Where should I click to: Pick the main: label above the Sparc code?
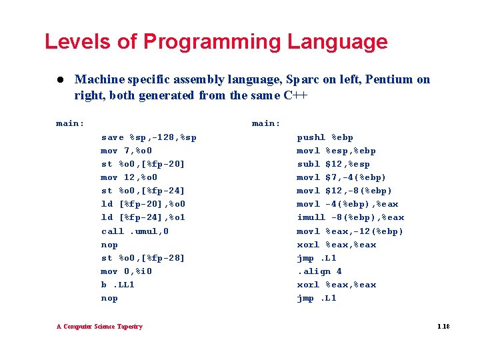(x=70, y=123)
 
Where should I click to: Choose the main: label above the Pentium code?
(x=266, y=123)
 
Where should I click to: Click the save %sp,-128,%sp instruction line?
(x=149, y=137)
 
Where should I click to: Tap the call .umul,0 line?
(x=135, y=231)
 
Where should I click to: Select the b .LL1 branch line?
(x=118, y=285)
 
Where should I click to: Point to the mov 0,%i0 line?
(x=127, y=271)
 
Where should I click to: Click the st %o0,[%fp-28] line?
(x=143, y=258)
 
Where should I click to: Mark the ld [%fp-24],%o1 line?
(x=143, y=217)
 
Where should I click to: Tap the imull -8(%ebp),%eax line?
(x=350, y=217)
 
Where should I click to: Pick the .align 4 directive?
(x=319, y=271)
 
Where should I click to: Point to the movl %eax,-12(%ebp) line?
(x=350, y=231)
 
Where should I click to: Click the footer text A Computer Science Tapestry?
(x=99, y=327)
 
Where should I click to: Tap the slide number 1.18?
(x=443, y=327)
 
